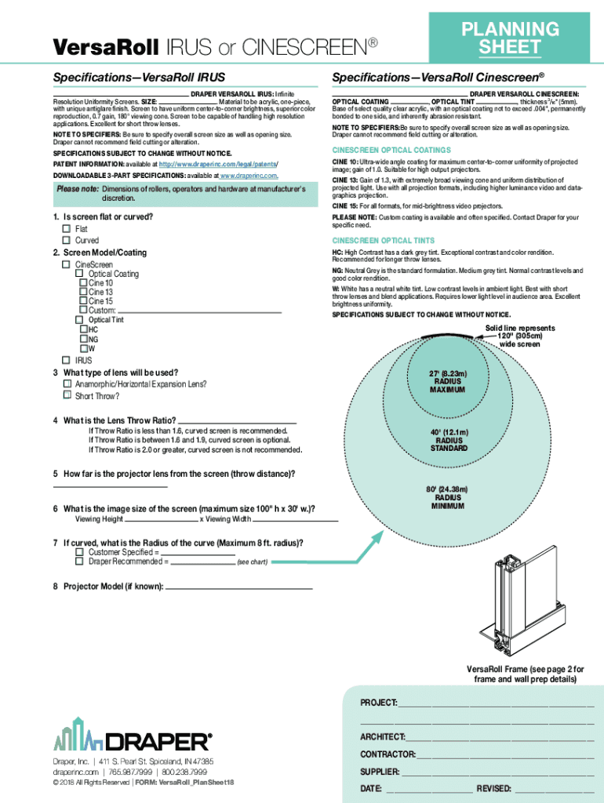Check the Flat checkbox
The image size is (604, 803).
(x=67, y=229)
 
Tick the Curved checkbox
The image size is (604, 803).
(x=67, y=240)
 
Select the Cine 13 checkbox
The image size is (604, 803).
(x=83, y=292)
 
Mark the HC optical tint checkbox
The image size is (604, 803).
(x=83, y=330)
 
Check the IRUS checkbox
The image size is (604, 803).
(x=67, y=360)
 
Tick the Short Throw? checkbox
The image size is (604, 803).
(x=67, y=395)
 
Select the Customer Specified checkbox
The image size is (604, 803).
(x=79, y=552)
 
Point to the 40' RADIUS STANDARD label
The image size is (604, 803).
(x=449, y=440)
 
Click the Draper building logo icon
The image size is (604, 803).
(x=78, y=734)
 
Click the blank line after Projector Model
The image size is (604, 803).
(x=239, y=587)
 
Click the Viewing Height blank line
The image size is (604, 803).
(x=160, y=520)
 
